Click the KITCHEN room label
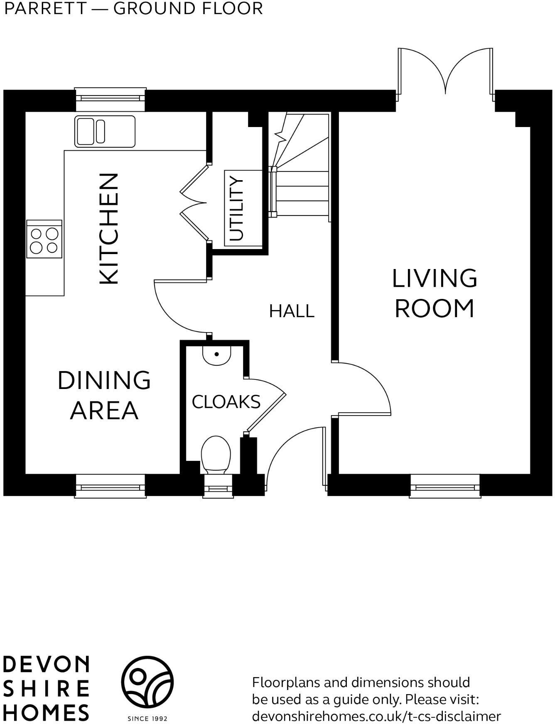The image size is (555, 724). [109, 229]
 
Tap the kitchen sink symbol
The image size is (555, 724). [105, 131]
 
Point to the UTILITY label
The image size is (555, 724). [236, 208]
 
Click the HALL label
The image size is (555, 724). [292, 311]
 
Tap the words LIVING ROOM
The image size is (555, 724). [435, 293]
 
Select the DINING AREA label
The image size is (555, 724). [104, 395]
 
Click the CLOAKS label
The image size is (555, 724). [226, 402]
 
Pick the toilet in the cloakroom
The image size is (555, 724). [216, 455]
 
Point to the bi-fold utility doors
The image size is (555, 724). [194, 203]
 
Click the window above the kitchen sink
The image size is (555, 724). [110, 99]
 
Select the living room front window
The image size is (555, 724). [445, 486]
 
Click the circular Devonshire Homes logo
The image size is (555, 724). [147, 682]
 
